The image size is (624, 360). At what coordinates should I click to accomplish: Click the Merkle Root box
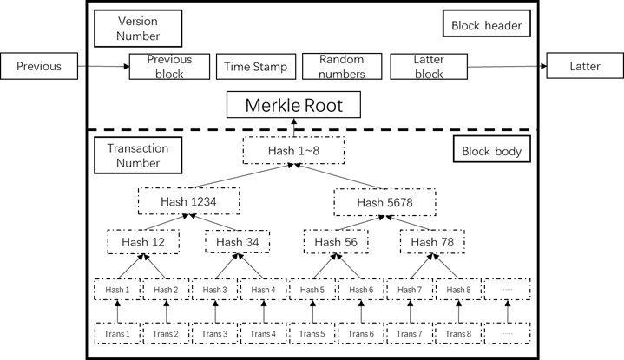[293, 106]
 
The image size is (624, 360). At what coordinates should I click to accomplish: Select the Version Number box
[138, 28]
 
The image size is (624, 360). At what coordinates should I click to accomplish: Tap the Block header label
[486, 25]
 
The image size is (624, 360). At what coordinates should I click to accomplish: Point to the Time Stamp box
[255, 67]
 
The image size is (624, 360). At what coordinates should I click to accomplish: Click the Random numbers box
[341, 67]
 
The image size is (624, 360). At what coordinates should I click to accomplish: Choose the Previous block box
[169, 67]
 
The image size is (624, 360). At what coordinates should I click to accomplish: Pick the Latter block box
[428, 67]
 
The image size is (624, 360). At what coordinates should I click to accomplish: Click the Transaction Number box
[138, 155]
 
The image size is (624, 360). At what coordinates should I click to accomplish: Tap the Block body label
[491, 151]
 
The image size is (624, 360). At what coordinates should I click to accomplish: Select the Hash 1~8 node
[293, 150]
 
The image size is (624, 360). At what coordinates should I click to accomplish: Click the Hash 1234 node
[188, 201]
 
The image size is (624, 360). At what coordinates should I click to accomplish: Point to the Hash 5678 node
[384, 202]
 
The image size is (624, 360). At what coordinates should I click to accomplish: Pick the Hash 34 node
[237, 242]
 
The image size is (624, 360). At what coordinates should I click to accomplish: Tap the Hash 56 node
[336, 242]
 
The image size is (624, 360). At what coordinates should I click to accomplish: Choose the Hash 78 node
[432, 242]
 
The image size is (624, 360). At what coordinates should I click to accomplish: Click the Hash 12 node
[143, 242]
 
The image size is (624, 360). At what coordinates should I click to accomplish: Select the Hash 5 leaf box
[312, 289]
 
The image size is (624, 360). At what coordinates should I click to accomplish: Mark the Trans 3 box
[213, 333]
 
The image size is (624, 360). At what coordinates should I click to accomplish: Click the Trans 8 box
[457, 333]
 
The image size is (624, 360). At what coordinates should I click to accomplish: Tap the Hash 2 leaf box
[165, 289]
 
